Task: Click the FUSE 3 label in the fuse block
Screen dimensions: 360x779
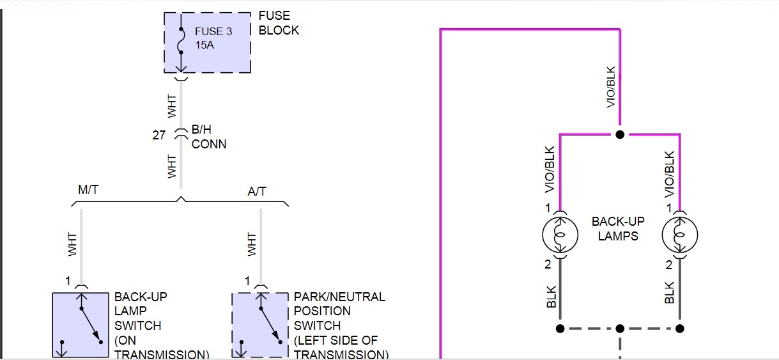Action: point(213,31)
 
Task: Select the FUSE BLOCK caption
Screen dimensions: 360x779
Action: point(279,23)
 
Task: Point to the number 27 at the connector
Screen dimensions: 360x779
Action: point(159,135)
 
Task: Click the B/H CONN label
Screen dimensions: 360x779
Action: point(209,137)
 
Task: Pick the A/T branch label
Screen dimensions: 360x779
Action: point(258,191)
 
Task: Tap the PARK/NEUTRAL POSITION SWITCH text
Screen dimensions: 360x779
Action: point(339,325)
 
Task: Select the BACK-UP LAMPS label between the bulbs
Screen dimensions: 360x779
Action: point(618,228)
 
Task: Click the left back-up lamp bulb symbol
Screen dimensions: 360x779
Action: point(560,235)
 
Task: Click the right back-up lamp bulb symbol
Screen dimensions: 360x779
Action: point(680,235)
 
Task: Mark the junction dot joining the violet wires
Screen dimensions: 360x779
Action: point(619,135)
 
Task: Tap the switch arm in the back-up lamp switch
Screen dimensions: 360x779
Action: point(90,325)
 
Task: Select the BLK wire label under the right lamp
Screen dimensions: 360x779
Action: point(669,293)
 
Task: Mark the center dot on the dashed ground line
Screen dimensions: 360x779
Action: point(619,329)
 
